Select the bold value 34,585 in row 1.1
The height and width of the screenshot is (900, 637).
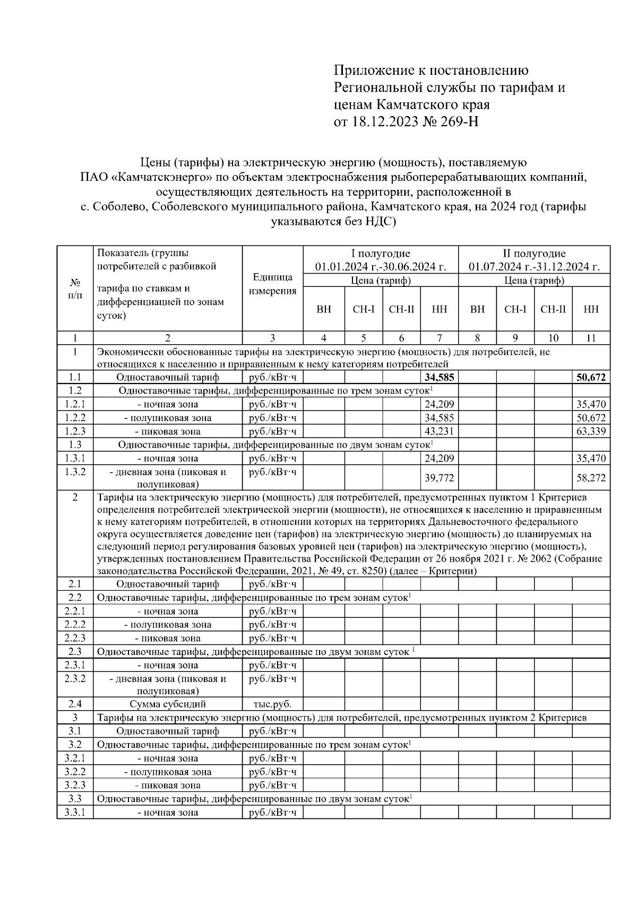439,378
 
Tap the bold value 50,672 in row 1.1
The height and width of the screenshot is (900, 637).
591,378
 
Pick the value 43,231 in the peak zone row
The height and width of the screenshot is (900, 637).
439,431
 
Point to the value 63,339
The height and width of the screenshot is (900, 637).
591,431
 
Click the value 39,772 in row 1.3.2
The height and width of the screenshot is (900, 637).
439,478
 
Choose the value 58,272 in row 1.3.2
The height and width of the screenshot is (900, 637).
591,478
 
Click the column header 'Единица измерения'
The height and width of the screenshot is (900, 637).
272,284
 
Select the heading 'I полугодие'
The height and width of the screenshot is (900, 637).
381,254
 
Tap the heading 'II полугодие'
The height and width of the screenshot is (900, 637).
534,254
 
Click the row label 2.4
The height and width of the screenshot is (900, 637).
75,704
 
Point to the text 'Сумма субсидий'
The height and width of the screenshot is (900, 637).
168,704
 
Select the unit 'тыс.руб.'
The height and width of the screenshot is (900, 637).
272,704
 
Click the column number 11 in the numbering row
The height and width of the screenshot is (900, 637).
591,338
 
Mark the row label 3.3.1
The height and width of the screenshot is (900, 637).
75,812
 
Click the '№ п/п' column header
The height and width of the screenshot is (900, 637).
75,288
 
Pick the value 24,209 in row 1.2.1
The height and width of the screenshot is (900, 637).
439,404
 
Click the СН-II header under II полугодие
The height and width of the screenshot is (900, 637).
553,309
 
